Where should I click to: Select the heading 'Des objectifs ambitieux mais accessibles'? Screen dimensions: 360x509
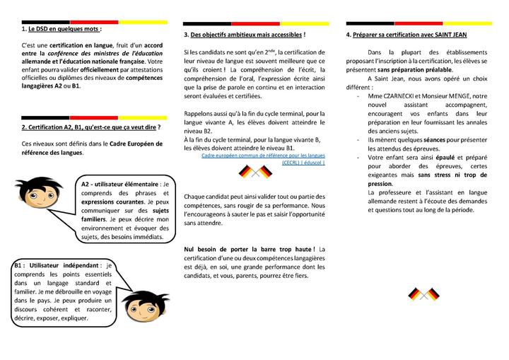[245, 35]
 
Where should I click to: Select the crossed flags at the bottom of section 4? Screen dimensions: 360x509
[423, 294]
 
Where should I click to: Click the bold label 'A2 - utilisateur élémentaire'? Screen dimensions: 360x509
[121, 184]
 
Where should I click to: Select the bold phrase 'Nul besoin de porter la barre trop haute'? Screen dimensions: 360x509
[249, 249]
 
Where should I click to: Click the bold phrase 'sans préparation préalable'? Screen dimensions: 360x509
[415, 71]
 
